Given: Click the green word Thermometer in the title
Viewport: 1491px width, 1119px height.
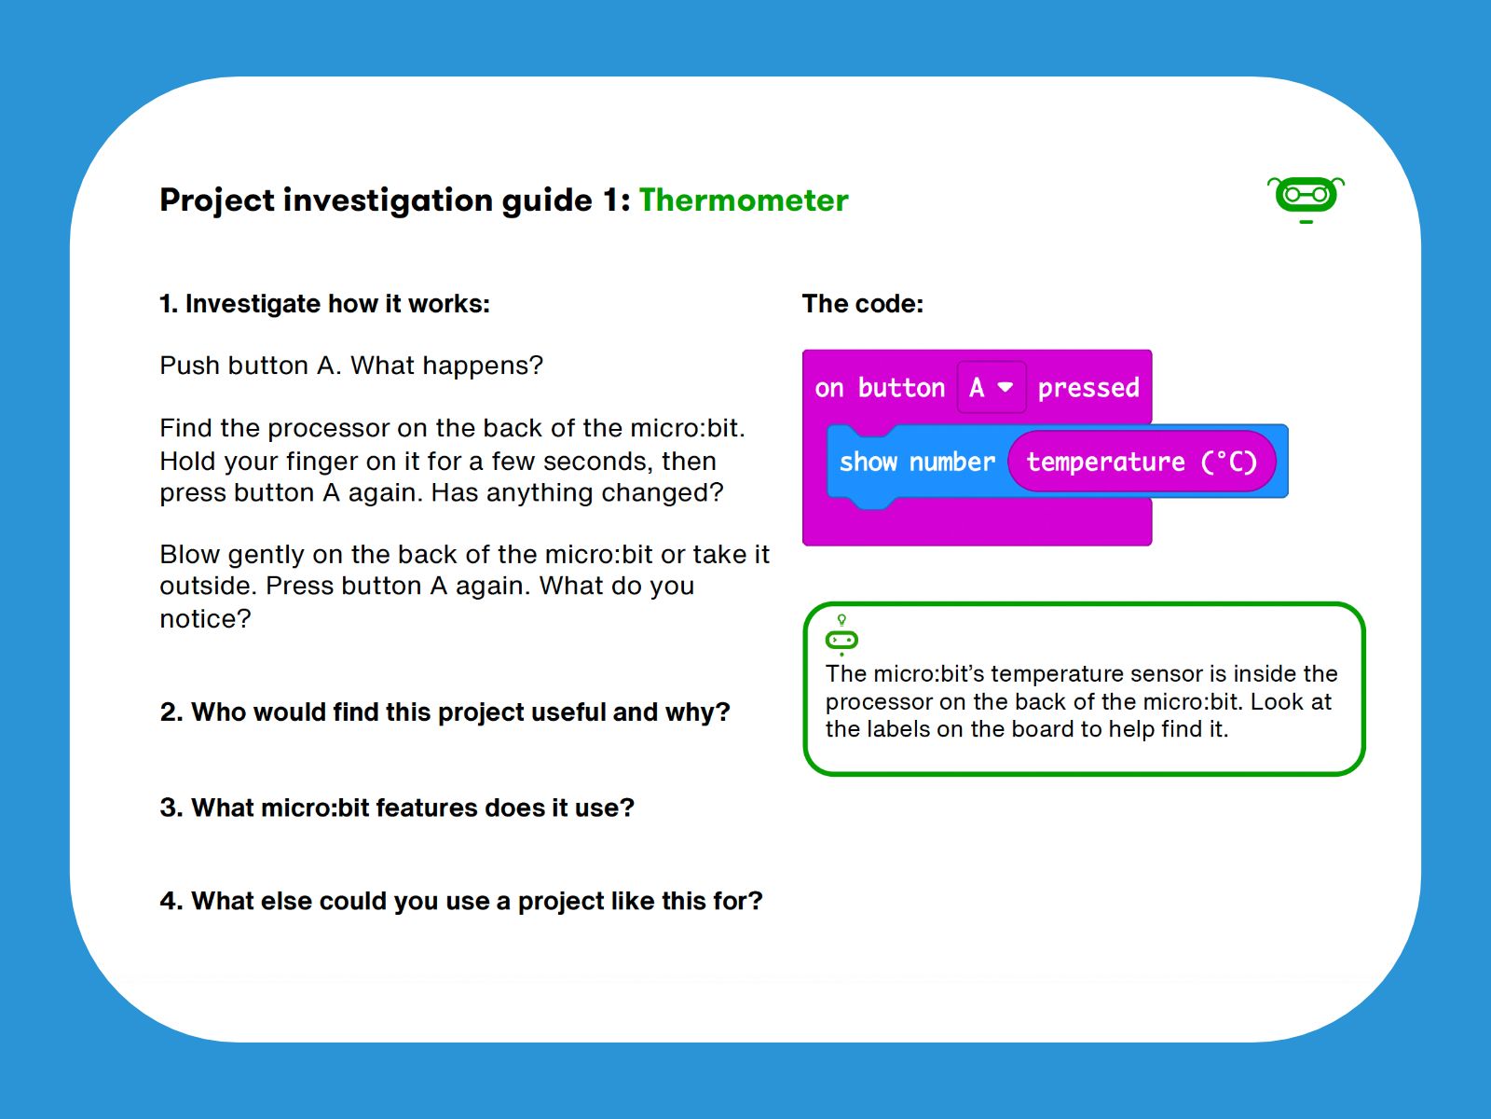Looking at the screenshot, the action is pos(743,200).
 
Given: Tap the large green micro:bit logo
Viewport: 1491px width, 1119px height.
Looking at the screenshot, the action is pos(1306,200).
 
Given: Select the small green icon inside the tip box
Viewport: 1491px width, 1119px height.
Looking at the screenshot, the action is pos(841,635).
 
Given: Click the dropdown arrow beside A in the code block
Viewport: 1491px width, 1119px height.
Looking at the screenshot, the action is pos(1005,387).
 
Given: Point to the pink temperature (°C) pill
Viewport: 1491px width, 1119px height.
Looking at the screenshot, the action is pos(1142,462).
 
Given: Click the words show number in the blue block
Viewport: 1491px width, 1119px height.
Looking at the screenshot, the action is pos(917,462).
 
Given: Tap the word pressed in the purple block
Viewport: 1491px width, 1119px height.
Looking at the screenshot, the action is pos(1088,388).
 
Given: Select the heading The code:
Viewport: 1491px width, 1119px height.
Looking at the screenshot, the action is pos(863,304).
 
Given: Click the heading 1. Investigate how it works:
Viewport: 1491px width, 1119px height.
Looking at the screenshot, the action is pos(324,304).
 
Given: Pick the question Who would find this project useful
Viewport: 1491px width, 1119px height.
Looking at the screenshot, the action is pos(445,712).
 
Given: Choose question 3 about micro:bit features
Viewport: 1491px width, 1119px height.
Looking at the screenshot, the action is pos(397,808).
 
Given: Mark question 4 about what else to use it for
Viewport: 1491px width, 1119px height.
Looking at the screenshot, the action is pos(461,902).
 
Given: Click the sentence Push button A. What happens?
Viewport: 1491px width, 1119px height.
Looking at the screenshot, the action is pos(351,366).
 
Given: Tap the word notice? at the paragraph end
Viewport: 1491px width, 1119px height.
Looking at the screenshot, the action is pos(205,619).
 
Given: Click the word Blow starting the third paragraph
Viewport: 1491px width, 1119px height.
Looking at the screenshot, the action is pos(189,555).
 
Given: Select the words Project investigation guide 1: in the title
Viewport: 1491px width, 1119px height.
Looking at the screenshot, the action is pos(395,200).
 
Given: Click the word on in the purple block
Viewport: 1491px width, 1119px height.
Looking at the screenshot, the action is pos(828,389).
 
